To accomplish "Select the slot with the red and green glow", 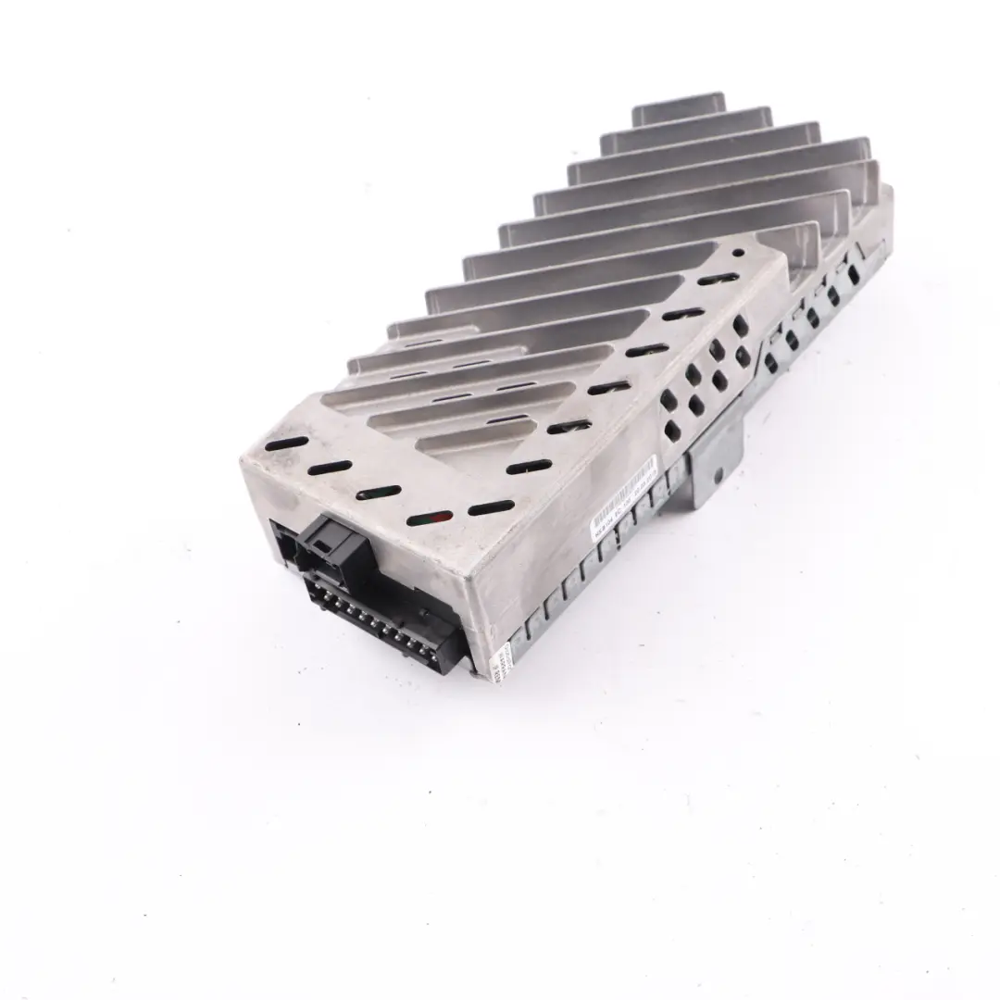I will tap(435, 519).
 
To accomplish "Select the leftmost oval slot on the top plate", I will tap(278, 445).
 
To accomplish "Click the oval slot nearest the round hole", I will tap(718, 279).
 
